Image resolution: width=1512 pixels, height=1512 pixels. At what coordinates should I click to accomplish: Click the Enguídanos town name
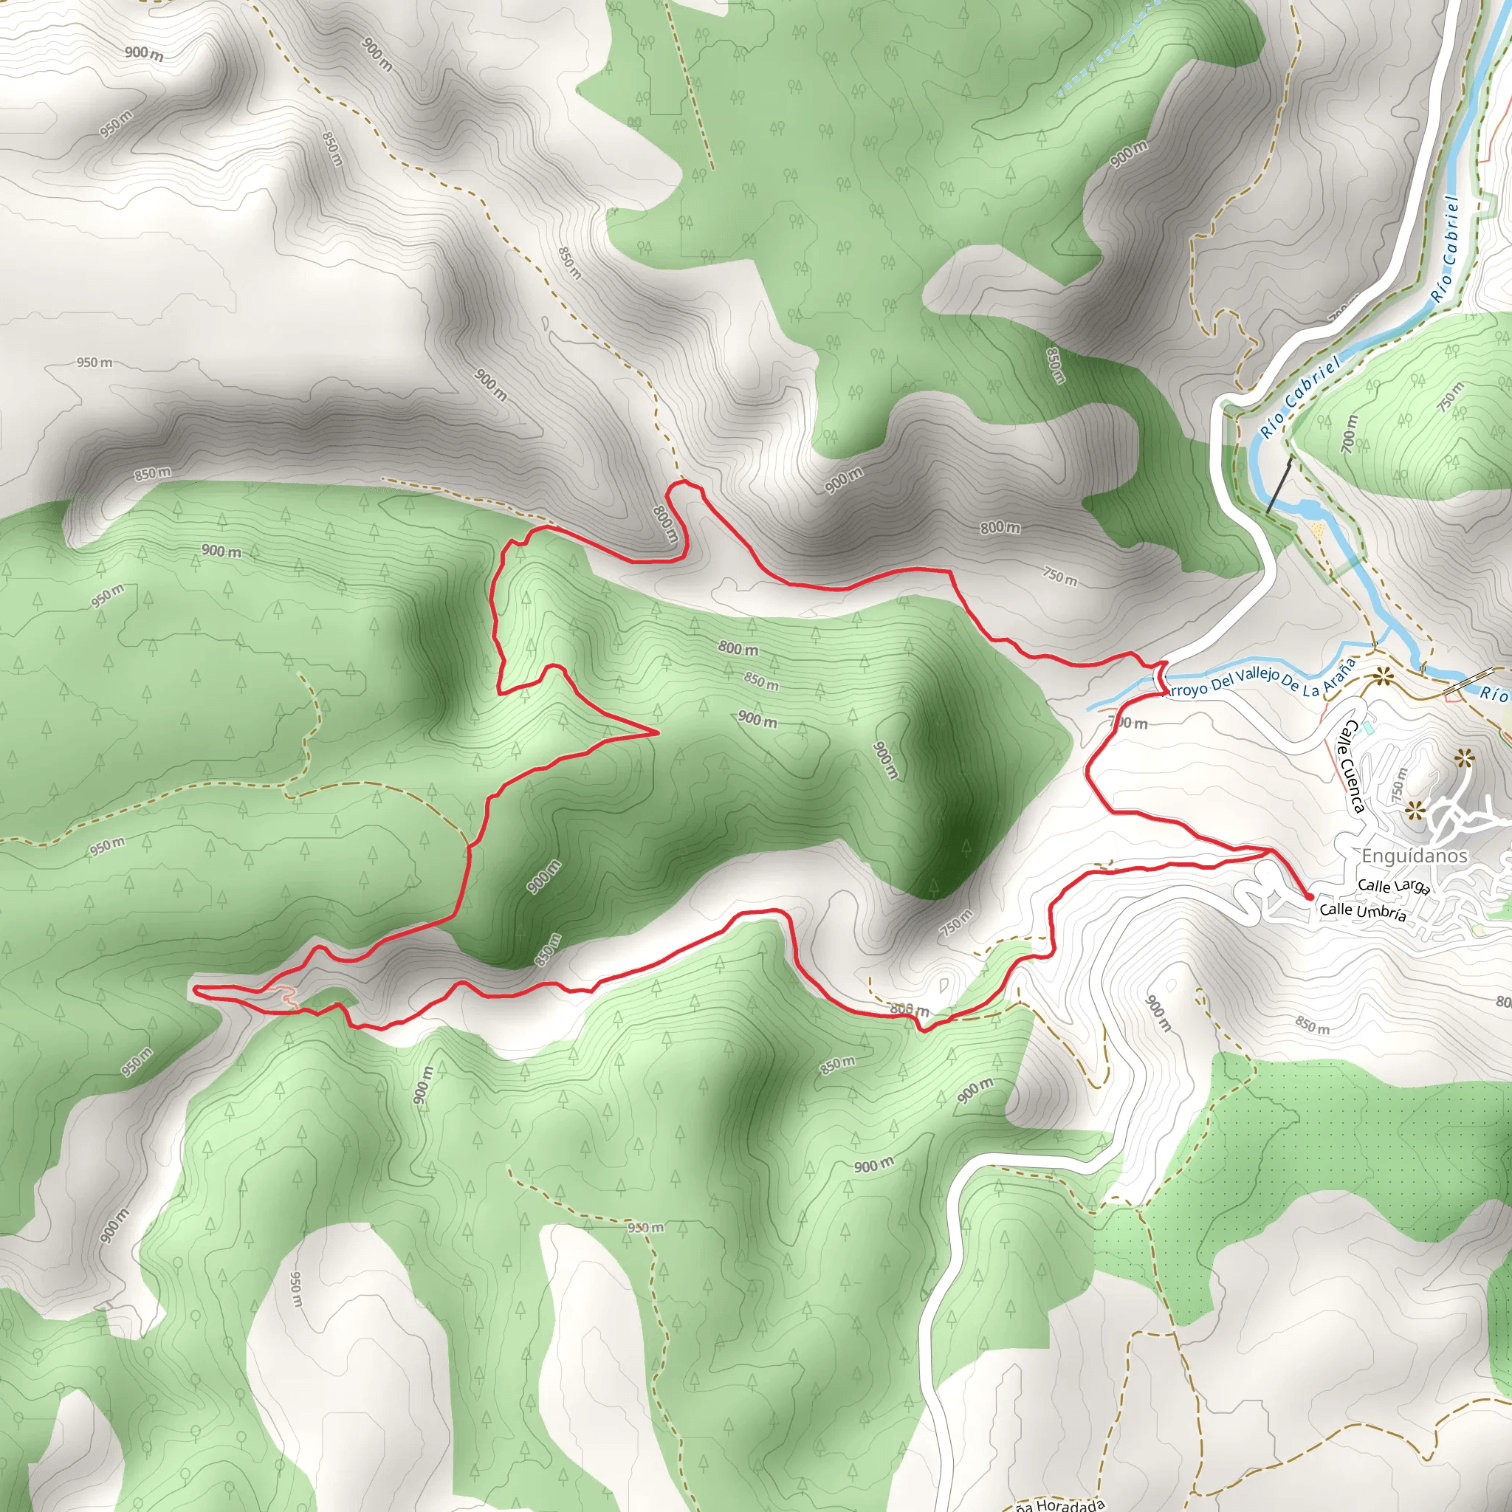(1414, 856)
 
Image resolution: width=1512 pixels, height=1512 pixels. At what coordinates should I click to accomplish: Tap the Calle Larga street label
(1394, 886)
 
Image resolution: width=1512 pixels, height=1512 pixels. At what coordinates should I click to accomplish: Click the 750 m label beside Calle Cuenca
(1398, 783)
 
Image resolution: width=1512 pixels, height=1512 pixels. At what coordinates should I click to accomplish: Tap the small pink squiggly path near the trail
(289, 996)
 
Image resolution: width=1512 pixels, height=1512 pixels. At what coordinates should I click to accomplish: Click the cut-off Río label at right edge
(1495, 693)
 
